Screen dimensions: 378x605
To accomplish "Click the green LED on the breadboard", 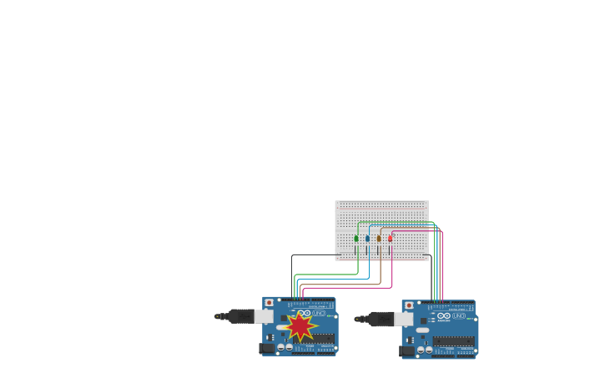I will [356, 239].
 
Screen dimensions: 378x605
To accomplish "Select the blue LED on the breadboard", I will [367, 239].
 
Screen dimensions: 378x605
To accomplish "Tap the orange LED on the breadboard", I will [379, 239].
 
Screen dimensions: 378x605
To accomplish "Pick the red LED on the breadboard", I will [390, 239].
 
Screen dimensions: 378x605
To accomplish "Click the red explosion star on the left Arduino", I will [300, 325].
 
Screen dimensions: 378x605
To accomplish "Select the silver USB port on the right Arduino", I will [403, 320].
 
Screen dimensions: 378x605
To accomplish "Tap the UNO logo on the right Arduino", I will [458, 316].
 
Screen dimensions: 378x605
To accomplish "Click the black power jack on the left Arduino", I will [267, 348].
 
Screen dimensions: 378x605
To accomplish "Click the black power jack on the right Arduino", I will [407, 351].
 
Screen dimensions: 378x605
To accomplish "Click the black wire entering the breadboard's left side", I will [317, 255].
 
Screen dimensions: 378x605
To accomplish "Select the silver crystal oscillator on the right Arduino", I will [423, 331].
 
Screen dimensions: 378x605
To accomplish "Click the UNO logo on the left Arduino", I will [319, 313].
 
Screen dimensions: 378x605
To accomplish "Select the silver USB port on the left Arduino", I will [264, 316].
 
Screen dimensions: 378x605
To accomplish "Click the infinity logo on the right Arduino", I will [444, 316].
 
